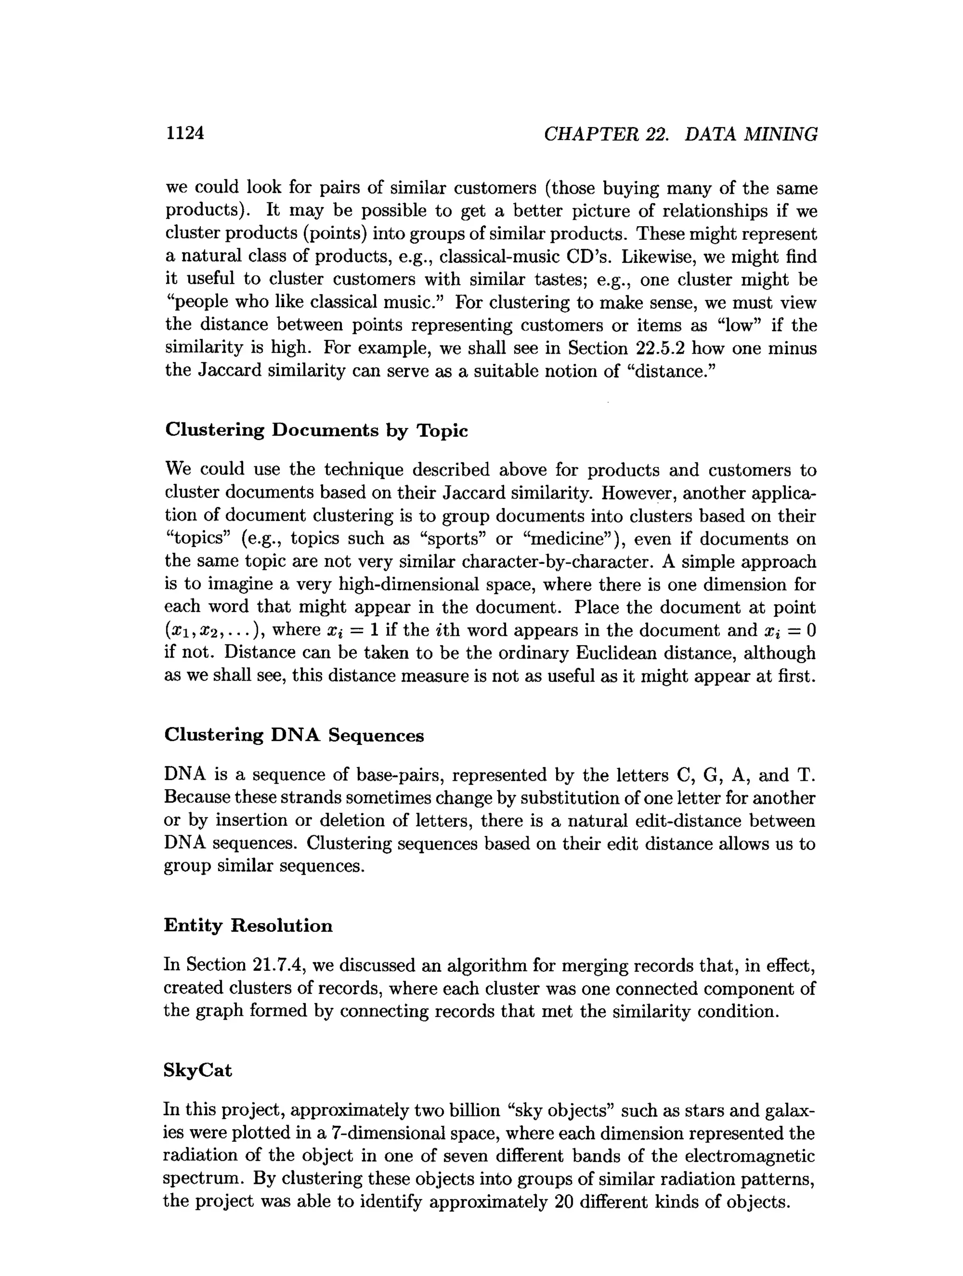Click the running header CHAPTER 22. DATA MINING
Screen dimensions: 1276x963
[x=680, y=135]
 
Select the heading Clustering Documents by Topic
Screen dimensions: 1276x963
[x=316, y=430]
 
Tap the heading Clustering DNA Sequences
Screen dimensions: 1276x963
[x=293, y=735]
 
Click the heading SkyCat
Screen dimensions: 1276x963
[x=197, y=1070]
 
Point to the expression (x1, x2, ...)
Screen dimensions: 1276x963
[x=214, y=631]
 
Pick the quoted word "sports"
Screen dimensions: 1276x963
[x=448, y=539]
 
